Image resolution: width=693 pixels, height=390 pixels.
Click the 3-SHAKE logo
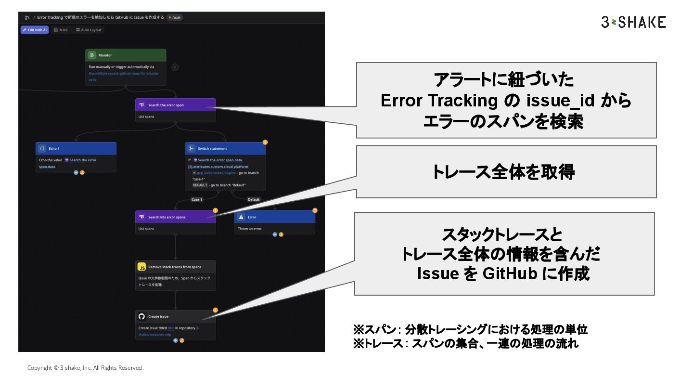[x=633, y=22]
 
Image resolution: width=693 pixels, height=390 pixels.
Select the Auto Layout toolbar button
[x=89, y=30]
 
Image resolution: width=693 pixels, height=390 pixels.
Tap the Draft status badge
[x=175, y=18]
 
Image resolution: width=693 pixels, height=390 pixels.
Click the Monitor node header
[x=126, y=55]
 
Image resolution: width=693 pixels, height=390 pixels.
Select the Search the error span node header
[x=175, y=105]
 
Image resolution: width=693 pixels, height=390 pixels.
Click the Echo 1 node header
[x=76, y=148]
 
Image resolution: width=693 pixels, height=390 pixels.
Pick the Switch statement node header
[x=225, y=148]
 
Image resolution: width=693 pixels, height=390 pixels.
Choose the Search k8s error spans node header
[x=175, y=217]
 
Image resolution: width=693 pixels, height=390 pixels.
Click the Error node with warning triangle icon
[x=274, y=217]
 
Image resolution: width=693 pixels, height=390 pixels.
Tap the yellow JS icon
[x=141, y=267]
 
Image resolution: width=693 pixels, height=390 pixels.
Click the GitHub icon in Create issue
[x=141, y=316]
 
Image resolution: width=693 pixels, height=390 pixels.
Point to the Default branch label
[x=253, y=199]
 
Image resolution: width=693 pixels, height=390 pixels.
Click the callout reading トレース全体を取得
[x=506, y=172]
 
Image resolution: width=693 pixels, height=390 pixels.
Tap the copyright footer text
[x=85, y=368]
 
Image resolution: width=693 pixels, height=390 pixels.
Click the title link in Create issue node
[x=171, y=328]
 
